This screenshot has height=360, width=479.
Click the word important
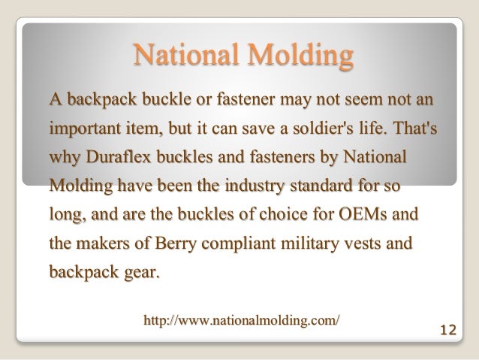(84, 129)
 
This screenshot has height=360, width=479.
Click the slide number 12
(447, 328)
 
